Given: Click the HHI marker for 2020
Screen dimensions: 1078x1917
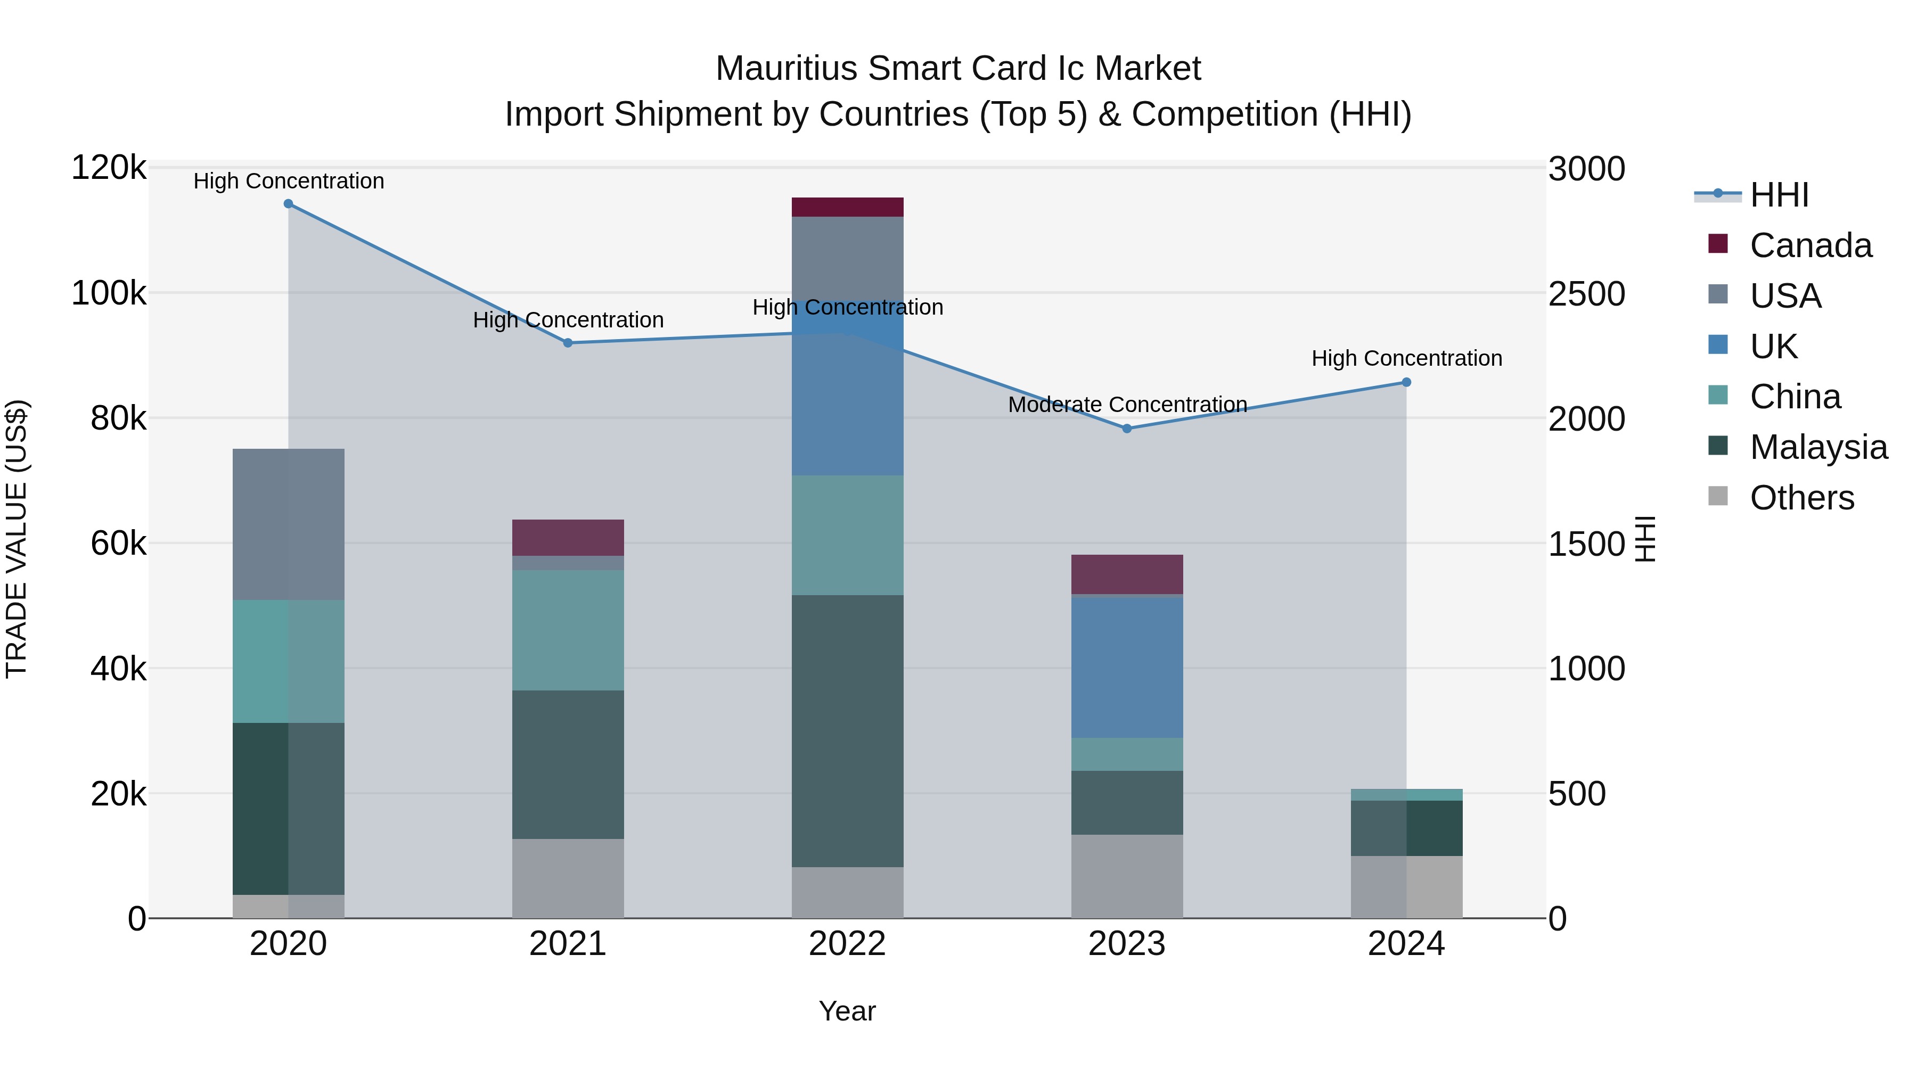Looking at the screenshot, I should point(288,204).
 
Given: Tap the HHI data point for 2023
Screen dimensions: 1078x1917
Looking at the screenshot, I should point(1127,429).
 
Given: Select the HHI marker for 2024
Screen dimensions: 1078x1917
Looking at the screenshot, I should point(1406,382).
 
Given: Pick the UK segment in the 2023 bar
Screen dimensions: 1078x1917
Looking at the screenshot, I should point(1127,668).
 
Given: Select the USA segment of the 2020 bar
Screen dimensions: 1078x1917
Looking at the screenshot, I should point(288,524).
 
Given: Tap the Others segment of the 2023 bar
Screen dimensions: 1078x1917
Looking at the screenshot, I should point(1127,876).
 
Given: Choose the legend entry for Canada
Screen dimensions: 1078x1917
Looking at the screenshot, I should point(1810,245).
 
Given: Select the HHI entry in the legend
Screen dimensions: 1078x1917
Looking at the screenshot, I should point(1779,195).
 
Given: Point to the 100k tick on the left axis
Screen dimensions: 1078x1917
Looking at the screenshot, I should point(109,293).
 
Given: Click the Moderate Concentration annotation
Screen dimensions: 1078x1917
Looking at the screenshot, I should point(1127,405).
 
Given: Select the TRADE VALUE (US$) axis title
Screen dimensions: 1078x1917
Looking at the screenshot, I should point(17,539).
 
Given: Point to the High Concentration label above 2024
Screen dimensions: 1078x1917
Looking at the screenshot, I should point(1406,359).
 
